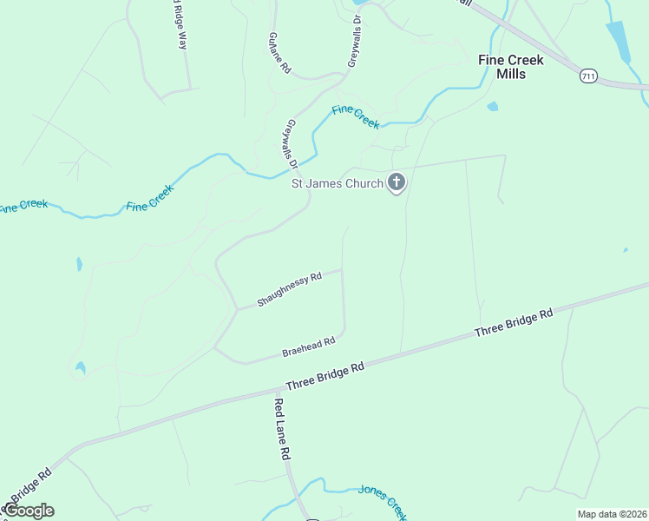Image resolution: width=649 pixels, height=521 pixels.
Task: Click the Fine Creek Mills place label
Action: (511, 67)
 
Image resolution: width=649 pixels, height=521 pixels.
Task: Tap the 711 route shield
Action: (589, 77)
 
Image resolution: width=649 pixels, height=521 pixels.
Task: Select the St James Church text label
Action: (337, 183)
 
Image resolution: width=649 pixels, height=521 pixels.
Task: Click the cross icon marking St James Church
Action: (397, 182)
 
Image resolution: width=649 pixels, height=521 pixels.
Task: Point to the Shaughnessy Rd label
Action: (290, 290)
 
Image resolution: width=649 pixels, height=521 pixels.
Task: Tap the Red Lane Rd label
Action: (282, 428)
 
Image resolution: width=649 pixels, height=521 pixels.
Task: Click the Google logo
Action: (29, 511)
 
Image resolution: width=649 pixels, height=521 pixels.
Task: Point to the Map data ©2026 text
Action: (612, 514)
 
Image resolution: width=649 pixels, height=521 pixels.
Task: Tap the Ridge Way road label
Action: (177, 23)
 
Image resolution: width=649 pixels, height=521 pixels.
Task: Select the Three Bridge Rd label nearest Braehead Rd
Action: (324, 379)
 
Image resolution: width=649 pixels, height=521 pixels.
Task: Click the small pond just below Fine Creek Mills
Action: (493, 107)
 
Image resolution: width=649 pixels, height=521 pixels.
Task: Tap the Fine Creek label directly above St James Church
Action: (355, 116)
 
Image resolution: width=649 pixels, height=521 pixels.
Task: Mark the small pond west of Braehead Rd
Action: (80, 368)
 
